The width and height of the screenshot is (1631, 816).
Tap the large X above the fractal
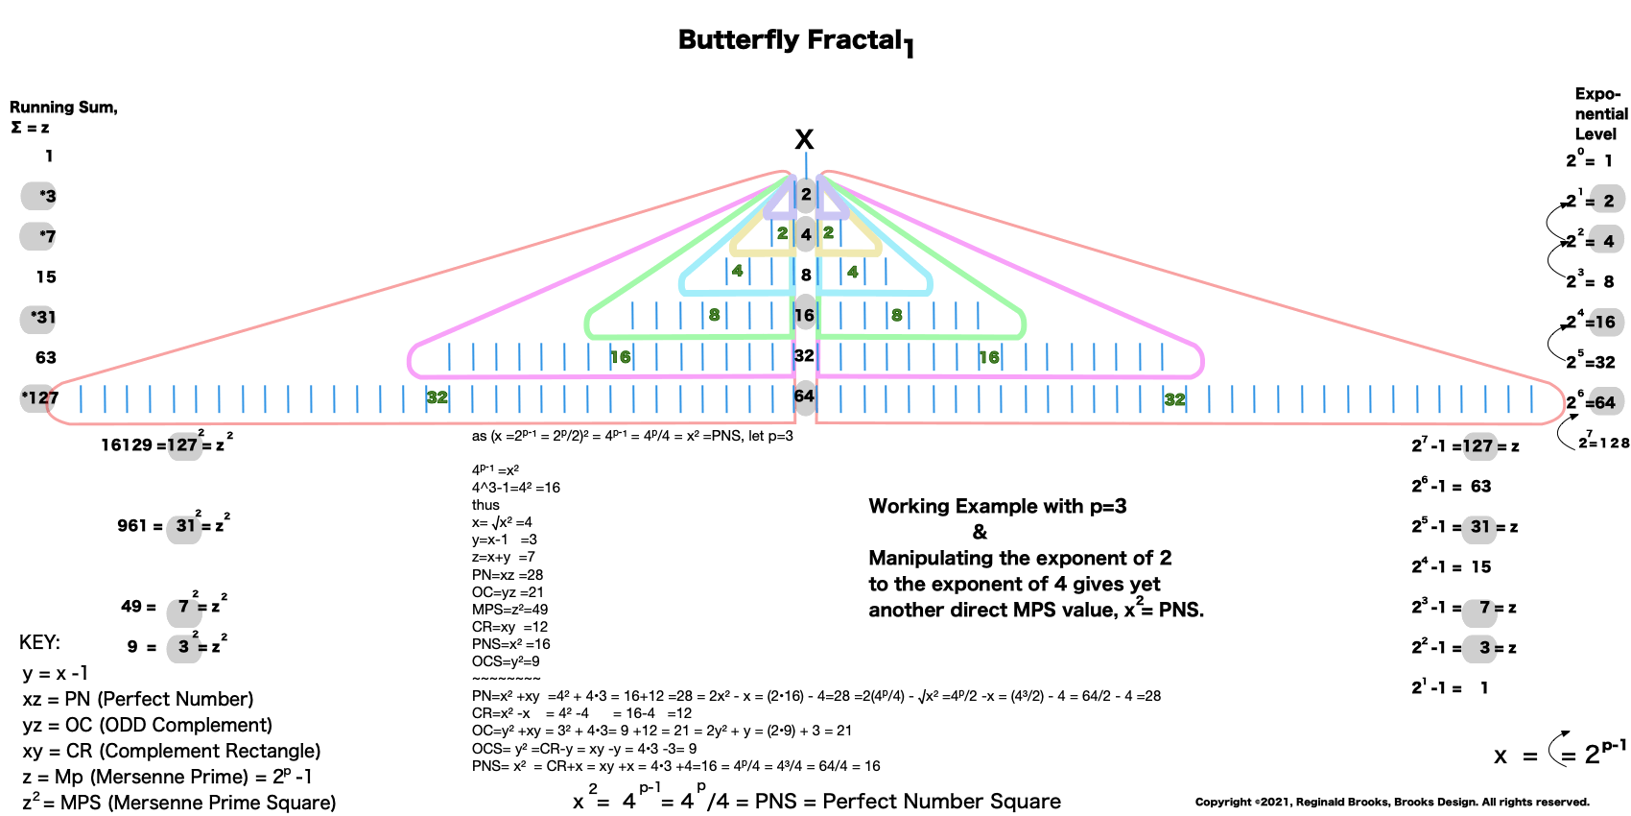pos(804,140)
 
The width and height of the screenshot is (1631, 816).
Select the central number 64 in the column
pos(804,396)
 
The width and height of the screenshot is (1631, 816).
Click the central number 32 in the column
pos(804,355)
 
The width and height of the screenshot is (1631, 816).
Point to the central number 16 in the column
pos(804,315)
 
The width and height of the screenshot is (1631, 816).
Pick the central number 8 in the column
pos(806,275)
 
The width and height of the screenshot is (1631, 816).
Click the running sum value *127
pos(40,397)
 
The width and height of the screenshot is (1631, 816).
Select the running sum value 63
pos(46,357)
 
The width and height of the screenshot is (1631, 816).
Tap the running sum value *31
pos(42,317)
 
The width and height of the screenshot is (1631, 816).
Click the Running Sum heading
pos(63,108)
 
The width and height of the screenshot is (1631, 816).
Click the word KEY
pos(39,642)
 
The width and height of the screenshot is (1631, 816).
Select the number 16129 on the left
pos(127,444)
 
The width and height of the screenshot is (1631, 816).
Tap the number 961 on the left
pos(131,525)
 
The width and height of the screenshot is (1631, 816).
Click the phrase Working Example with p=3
pos(998,506)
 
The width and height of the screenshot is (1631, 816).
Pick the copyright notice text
pos(1392,802)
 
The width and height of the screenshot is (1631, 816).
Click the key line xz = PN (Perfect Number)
pos(138,699)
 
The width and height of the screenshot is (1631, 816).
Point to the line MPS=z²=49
pos(509,610)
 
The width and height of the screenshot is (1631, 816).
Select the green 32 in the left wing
pos(437,397)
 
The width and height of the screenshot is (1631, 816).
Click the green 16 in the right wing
pos(988,357)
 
